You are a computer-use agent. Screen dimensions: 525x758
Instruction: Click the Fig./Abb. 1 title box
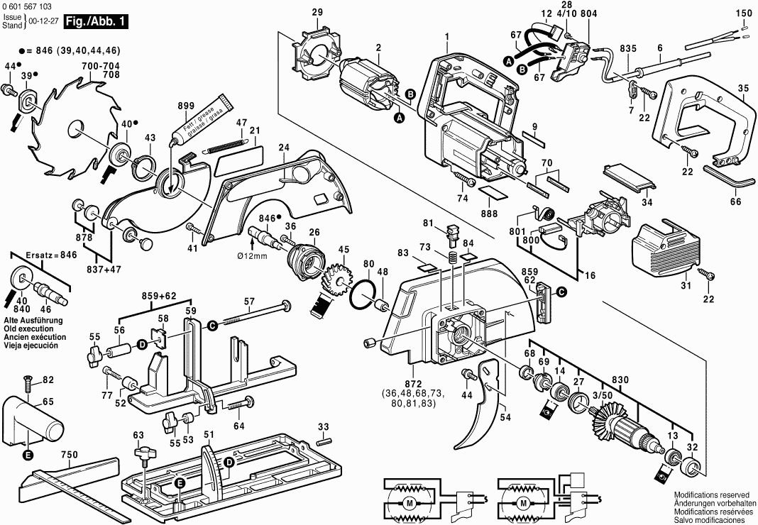click(x=96, y=22)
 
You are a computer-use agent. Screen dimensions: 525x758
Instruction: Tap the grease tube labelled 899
click(x=202, y=120)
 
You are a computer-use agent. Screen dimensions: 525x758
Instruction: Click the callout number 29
click(x=317, y=12)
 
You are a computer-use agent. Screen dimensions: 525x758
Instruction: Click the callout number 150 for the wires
click(x=742, y=13)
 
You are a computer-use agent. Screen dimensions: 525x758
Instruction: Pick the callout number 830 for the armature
click(x=620, y=380)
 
